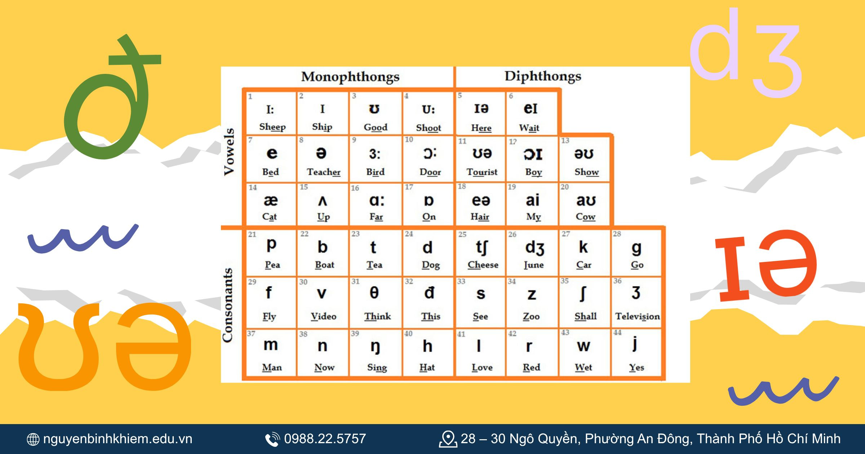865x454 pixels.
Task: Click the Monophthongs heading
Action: pos(350,77)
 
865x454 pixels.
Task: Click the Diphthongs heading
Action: pos(542,76)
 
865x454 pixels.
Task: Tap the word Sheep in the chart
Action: pos(272,127)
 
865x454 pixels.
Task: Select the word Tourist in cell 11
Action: pos(482,172)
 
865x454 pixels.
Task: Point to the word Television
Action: pos(637,316)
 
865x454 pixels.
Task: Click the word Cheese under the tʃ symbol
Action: pos(483,265)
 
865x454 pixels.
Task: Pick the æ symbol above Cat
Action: pos(271,200)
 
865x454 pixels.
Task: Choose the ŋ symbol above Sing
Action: pos(375,347)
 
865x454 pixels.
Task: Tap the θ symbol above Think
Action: pos(374,293)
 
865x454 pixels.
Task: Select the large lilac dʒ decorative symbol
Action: pos(746,54)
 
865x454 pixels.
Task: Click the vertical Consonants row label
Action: pos(227,305)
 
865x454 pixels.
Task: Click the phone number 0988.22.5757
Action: pos(325,439)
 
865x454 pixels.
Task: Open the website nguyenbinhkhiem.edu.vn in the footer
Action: pos(117,439)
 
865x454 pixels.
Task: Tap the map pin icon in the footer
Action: pos(448,439)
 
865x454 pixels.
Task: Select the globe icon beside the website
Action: pos(33,439)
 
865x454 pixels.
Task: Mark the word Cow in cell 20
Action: pos(585,217)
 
